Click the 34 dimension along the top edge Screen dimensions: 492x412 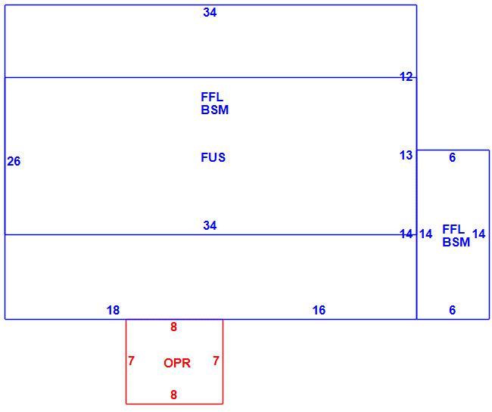(210, 13)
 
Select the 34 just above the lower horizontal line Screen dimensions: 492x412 (210, 225)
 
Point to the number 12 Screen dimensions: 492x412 (406, 76)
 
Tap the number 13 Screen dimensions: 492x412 (406, 155)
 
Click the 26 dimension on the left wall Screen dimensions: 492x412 (14, 161)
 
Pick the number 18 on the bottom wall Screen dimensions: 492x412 (113, 310)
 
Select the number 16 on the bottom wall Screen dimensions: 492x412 (319, 310)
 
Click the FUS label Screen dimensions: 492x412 (213, 157)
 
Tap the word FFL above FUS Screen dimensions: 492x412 (212, 97)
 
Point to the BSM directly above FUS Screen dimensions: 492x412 (215, 110)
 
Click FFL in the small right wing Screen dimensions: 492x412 (453, 229)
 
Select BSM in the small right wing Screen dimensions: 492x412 (456, 242)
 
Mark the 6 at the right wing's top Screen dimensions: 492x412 (452, 157)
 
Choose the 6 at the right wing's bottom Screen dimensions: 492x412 (452, 310)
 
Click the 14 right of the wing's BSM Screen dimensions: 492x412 (479, 234)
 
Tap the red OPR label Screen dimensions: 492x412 (177, 363)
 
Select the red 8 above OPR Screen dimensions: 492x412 (173, 327)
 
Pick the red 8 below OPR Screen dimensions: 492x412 (173, 395)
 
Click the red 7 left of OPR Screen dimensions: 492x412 (131, 361)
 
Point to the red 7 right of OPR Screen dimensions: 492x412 (216, 361)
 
